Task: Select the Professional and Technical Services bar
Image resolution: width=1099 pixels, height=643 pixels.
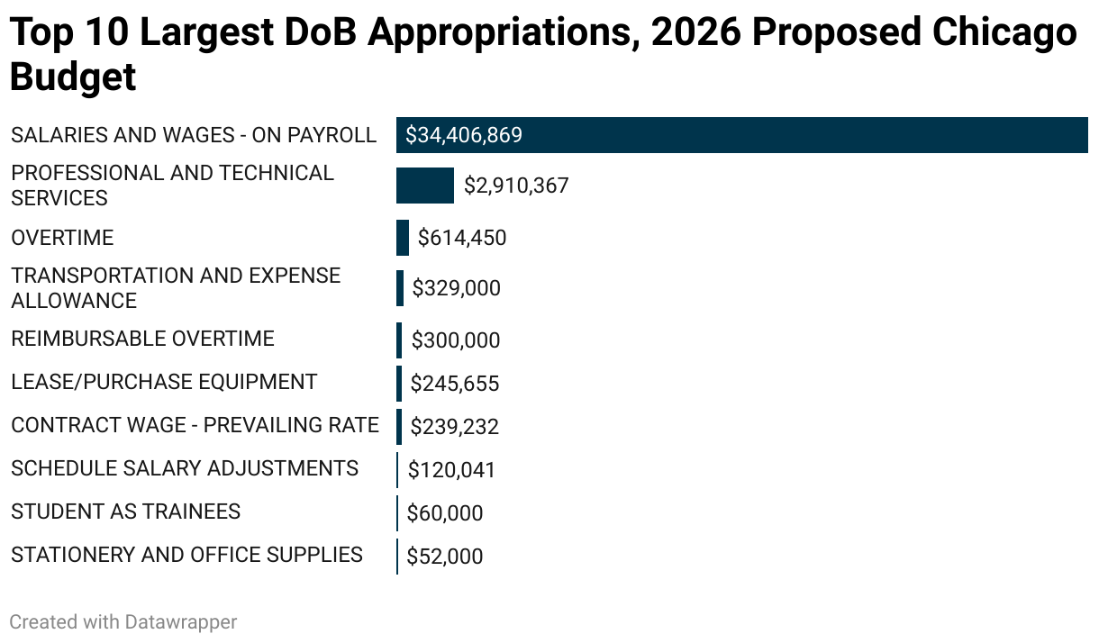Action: [x=425, y=186]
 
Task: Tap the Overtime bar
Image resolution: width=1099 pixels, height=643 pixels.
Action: [x=403, y=238]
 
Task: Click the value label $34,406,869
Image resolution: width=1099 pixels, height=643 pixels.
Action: [x=464, y=136]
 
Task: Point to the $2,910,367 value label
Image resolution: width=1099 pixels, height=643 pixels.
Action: [x=516, y=186]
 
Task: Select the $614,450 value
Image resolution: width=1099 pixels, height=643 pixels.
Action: [x=462, y=239]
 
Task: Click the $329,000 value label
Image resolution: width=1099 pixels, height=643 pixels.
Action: [x=456, y=288]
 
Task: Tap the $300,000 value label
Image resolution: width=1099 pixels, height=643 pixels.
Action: [x=455, y=340]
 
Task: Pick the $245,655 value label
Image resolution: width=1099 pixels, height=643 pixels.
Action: [x=454, y=384]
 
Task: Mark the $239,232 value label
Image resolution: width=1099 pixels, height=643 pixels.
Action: [x=454, y=427]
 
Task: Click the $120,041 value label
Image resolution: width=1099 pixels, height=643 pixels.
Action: [x=451, y=470]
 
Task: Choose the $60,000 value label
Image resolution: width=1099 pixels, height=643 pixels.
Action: [x=445, y=513]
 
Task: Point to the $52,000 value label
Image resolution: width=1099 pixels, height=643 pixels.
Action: [x=445, y=557]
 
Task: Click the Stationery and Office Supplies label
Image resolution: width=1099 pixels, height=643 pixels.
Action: [x=186, y=555]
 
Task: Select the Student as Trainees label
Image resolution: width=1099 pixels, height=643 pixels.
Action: [x=125, y=512]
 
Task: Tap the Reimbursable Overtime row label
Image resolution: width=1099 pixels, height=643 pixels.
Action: [x=142, y=339]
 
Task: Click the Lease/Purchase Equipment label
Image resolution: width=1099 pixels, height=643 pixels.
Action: [x=164, y=382]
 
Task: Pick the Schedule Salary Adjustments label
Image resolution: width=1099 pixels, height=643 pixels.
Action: [x=185, y=468]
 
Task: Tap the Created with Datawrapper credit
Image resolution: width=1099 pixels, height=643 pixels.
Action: [x=123, y=621]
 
